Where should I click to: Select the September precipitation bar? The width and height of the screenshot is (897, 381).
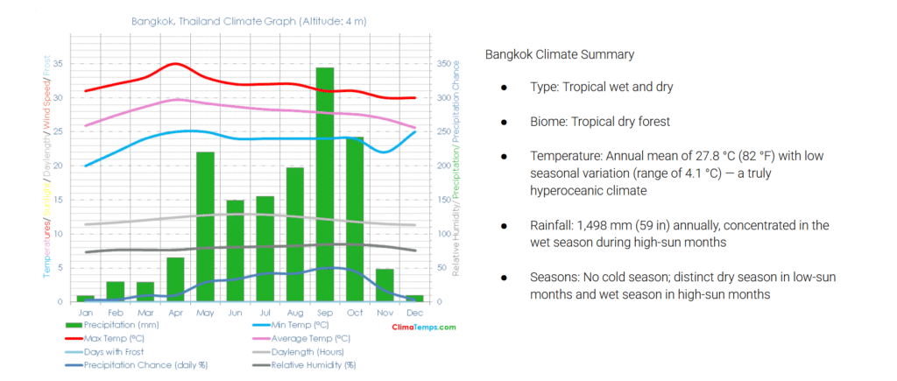(x=325, y=184)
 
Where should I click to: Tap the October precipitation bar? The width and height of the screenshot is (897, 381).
(x=355, y=219)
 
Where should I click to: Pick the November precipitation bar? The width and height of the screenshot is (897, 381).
(x=385, y=285)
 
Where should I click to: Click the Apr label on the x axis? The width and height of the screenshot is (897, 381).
(x=175, y=312)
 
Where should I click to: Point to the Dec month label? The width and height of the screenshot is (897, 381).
(x=414, y=312)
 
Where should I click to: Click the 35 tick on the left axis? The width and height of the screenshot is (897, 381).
(x=58, y=64)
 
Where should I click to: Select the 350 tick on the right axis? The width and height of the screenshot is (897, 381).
(x=447, y=64)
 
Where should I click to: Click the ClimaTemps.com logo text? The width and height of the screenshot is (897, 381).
(x=423, y=327)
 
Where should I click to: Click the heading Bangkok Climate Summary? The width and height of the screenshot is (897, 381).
(x=560, y=54)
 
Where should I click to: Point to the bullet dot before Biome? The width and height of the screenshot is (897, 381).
(x=505, y=122)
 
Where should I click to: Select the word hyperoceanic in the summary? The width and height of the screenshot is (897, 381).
(x=568, y=189)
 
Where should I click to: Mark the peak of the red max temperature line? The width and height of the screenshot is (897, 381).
(x=176, y=64)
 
